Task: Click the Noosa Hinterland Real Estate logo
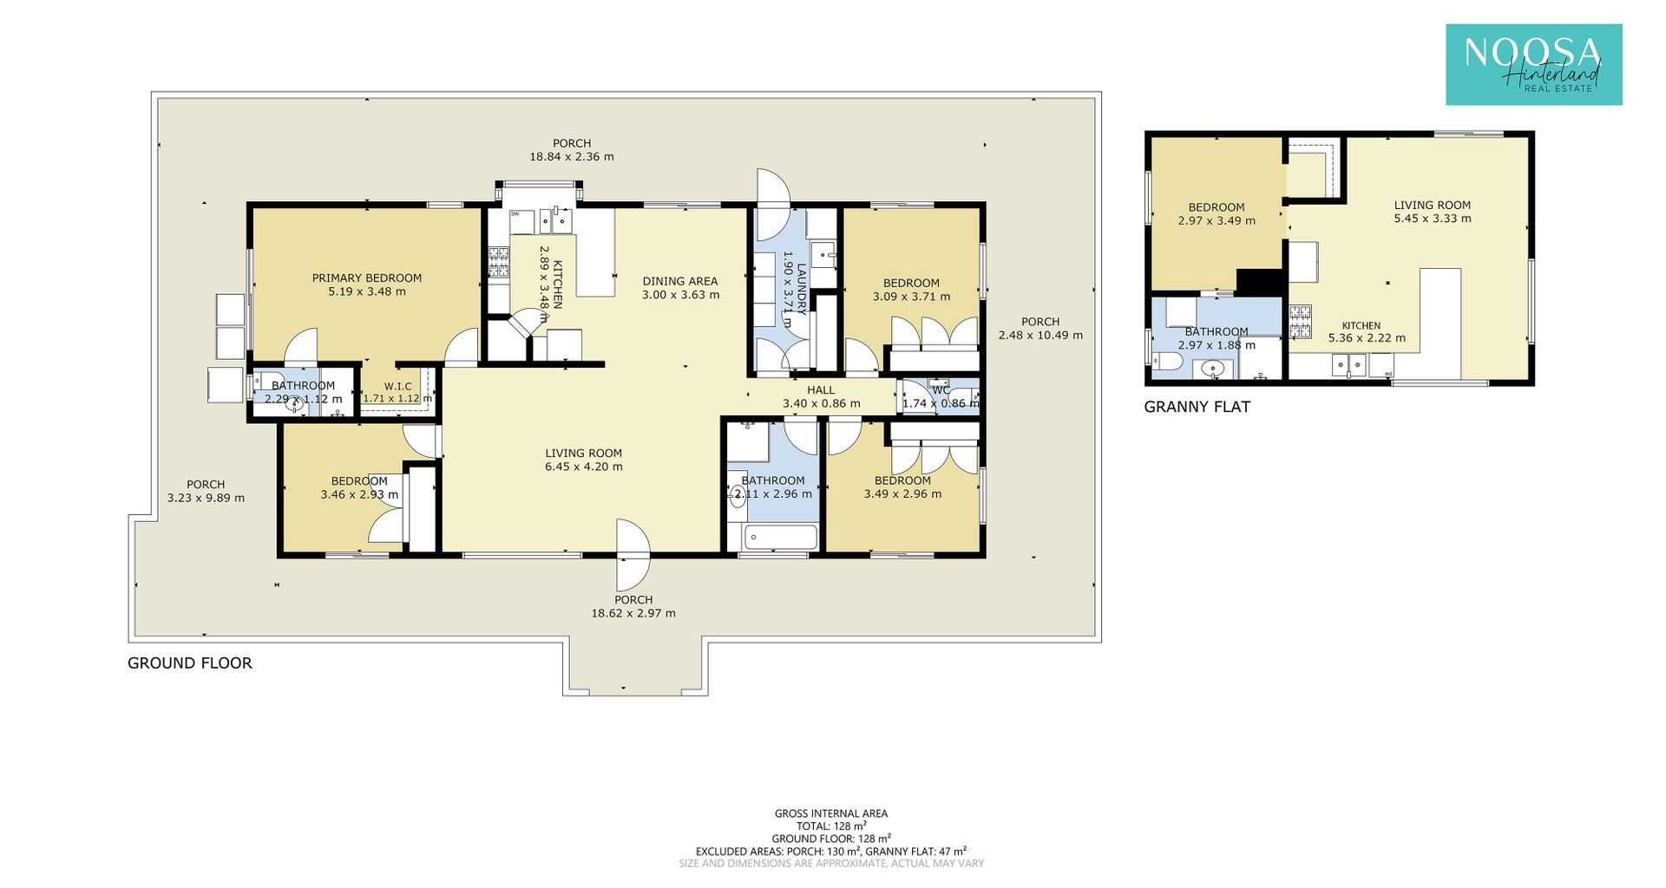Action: point(1533,65)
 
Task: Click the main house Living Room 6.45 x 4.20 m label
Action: point(584,460)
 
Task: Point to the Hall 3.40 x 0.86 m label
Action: point(821,397)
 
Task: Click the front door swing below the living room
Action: point(633,553)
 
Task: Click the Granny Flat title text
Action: point(1197,407)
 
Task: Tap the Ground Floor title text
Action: point(190,663)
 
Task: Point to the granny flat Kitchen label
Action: point(1361,326)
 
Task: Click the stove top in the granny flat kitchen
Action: point(1300,322)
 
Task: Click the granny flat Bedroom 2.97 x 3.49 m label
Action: point(1217,214)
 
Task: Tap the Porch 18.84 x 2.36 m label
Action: point(572,150)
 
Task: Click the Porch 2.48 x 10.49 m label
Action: point(1040,329)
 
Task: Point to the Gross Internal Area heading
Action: point(831,813)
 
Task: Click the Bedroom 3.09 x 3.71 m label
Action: point(911,290)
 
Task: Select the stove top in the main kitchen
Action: point(498,262)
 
